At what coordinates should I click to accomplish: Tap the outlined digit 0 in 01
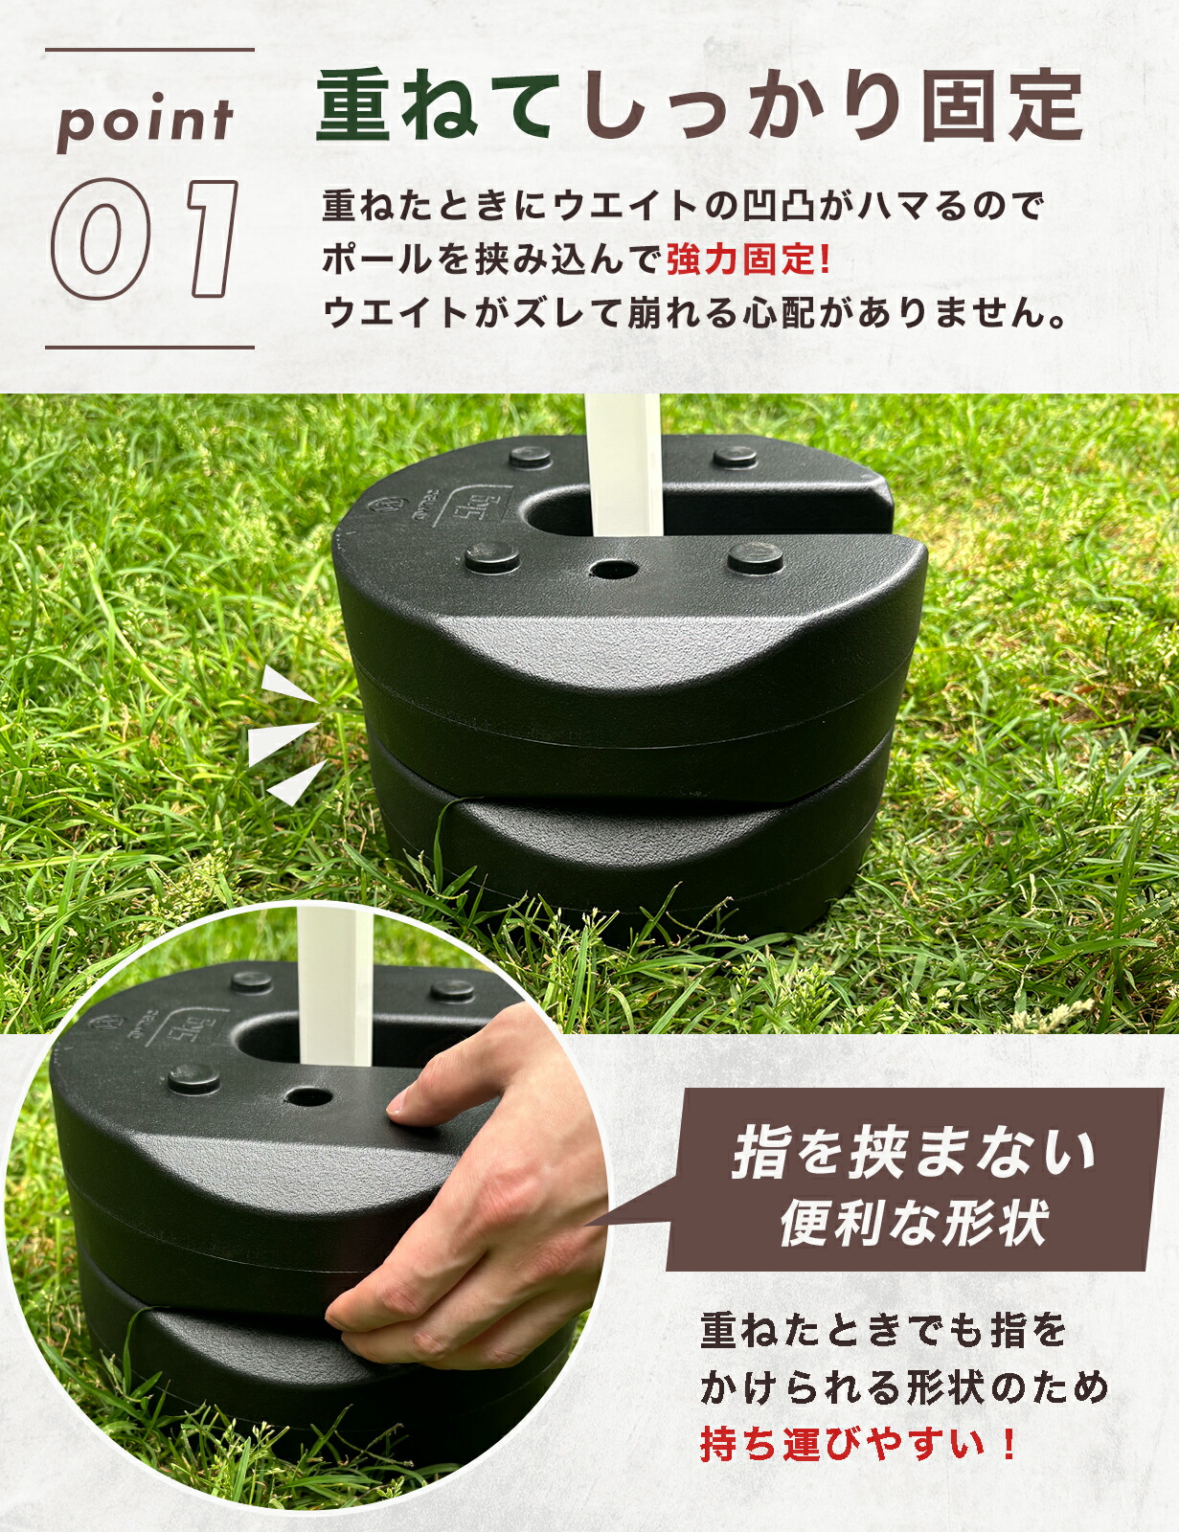click(x=101, y=238)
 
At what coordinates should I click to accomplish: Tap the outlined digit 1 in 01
click(x=211, y=237)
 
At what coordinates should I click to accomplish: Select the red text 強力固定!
click(x=748, y=259)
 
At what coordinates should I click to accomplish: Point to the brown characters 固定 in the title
click(x=1001, y=106)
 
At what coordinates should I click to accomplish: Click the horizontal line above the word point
click(x=149, y=49)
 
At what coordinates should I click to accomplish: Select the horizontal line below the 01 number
click(x=149, y=347)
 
